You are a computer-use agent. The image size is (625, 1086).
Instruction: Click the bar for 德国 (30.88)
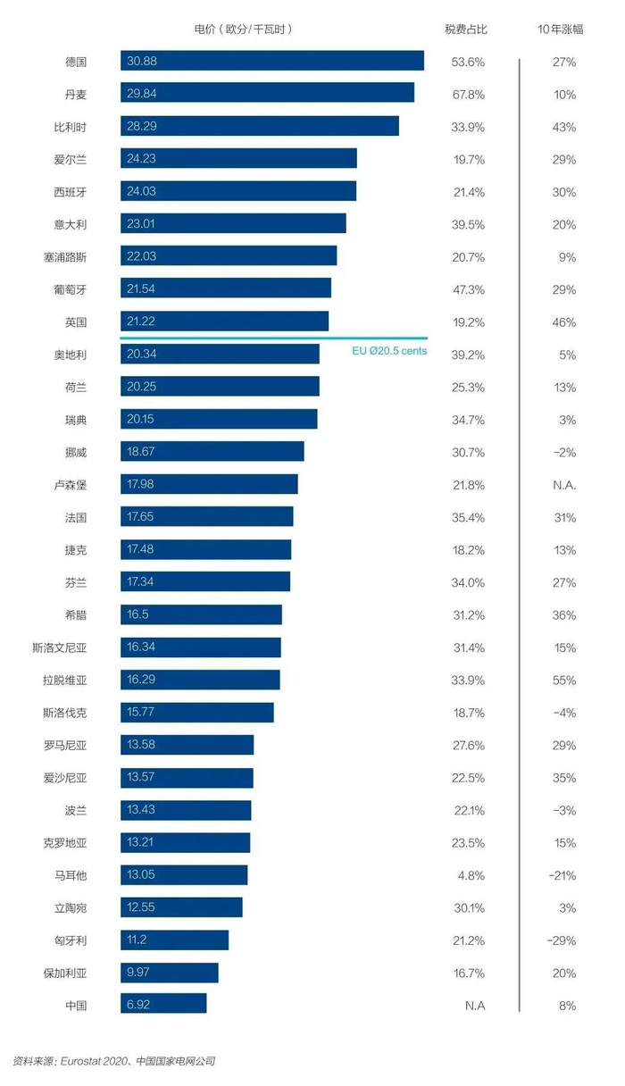[x=272, y=61]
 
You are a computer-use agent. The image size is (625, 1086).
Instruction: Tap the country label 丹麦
[x=76, y=94]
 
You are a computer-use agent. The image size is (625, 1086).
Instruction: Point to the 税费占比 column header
[x=467, y=29]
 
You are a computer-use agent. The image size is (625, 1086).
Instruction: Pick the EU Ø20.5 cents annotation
[x=390, y=351]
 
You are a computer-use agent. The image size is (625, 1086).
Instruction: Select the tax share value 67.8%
[x=468, y=94]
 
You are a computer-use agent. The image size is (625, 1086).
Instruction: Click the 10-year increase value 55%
[x=564, y=680]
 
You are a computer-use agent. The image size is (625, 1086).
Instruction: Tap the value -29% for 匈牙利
[x=562, y=940]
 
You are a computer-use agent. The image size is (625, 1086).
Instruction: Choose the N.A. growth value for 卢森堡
[x=564, y=485]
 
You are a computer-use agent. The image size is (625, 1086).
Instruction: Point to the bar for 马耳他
[x=184, y=874]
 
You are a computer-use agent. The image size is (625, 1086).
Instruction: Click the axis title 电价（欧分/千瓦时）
[x=244, y=29]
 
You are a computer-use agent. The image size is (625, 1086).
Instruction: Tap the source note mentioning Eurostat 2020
[x=114, y=1061]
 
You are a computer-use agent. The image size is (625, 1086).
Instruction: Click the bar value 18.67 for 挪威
[x=142, y=452]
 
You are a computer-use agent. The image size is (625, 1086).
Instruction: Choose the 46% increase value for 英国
[x=564, y=322]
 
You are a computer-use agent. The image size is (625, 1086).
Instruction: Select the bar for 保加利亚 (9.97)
[x=170, y=972]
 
